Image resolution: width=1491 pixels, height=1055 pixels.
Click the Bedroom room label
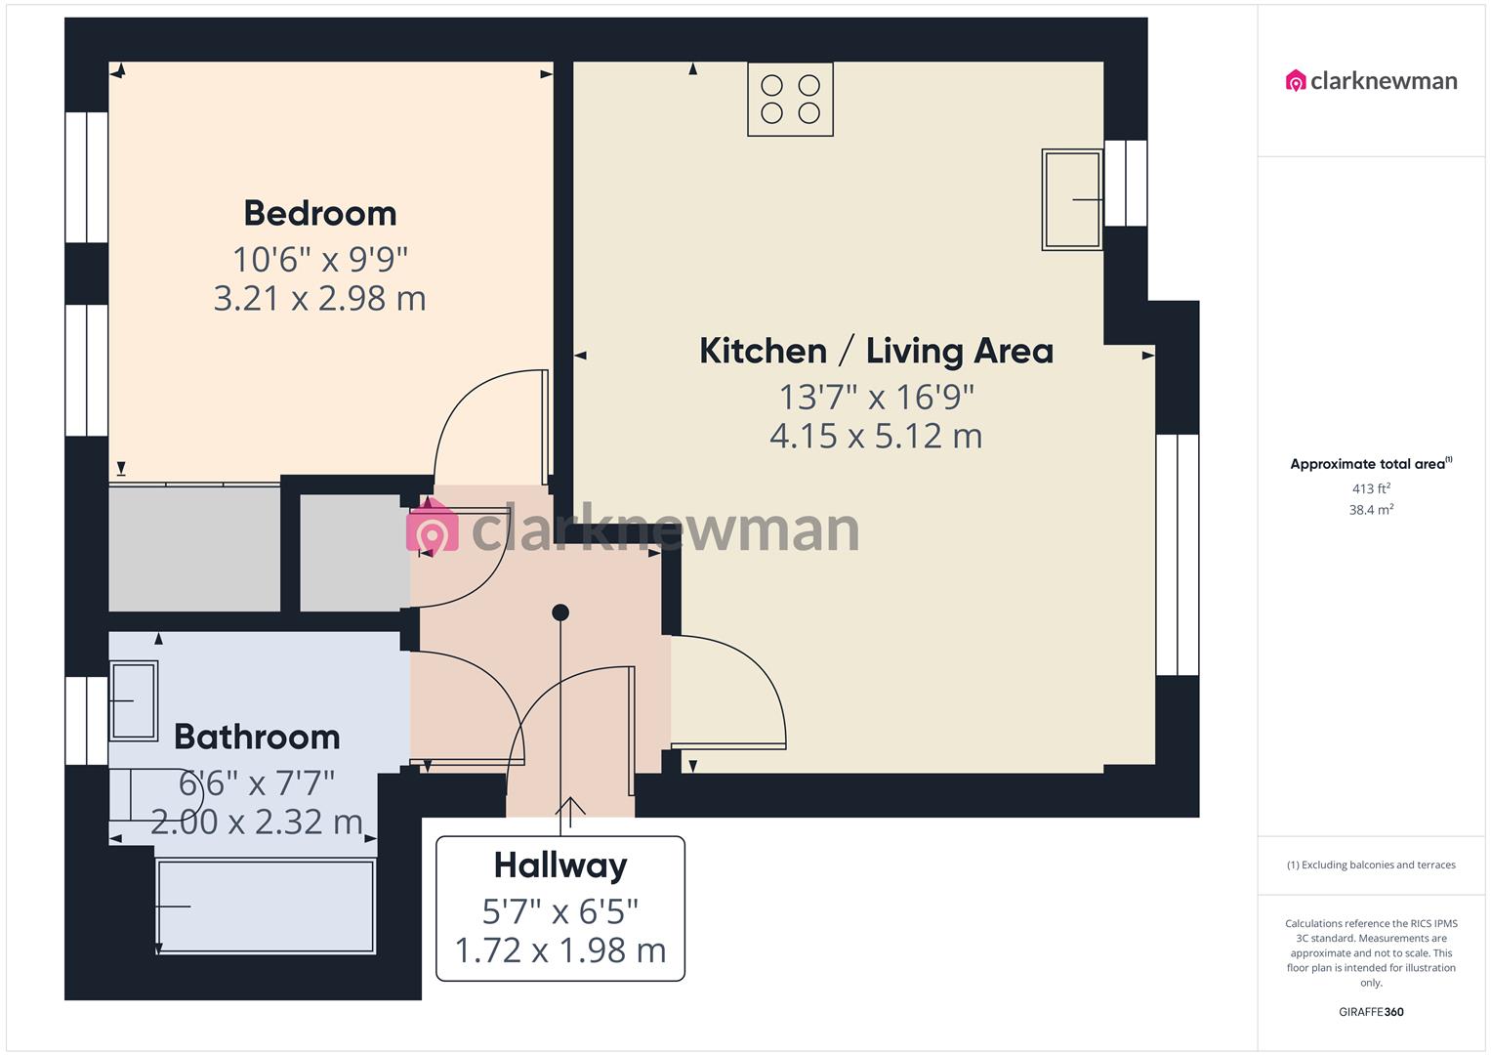(x=319, y=213)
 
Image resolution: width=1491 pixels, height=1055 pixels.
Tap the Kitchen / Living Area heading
(x=876, y=351)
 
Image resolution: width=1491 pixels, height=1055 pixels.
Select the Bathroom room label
(x=257, y=737)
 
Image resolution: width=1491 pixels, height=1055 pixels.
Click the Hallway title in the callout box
(x=560, y=865)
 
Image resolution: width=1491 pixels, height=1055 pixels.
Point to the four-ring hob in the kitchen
(x=790, y=99)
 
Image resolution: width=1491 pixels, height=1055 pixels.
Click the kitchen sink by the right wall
(x=1072, y=199)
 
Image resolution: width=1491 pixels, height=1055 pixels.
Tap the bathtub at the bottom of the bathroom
(x=265, y=906)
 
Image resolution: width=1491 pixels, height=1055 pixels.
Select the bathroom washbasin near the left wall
(x=133, y=700)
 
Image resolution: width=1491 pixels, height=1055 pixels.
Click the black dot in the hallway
(x=560, y=612)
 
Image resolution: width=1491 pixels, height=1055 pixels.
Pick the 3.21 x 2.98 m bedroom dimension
(x=319, y=298)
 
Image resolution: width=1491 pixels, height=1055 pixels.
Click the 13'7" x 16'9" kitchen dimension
(x=876, y=398)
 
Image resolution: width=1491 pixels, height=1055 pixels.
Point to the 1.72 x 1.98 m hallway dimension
(x=560, y=949)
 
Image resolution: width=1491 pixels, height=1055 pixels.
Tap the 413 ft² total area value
(x=1371, y=488)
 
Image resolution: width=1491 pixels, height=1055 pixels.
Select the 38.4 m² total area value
(x=1371, y=510)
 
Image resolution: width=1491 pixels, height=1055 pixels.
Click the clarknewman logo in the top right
(x=1371, y=81)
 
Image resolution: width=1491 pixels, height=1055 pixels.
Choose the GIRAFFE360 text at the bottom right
(x=1371, y=1012)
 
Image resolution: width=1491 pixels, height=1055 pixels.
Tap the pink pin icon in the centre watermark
(x=432, y=528)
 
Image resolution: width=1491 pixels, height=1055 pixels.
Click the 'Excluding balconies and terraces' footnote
(x=1371, y=865)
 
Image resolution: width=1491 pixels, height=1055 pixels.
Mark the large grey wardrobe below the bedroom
(x=194, y=548)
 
